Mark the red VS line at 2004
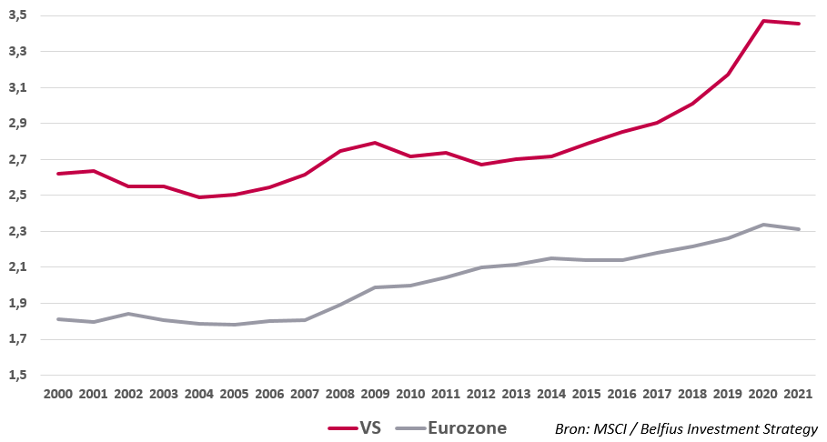click(198, 197)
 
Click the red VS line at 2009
click(376, 143)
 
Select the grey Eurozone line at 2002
click(128, 314)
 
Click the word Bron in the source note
click(570, 428)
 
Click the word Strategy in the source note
click(792, 428)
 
